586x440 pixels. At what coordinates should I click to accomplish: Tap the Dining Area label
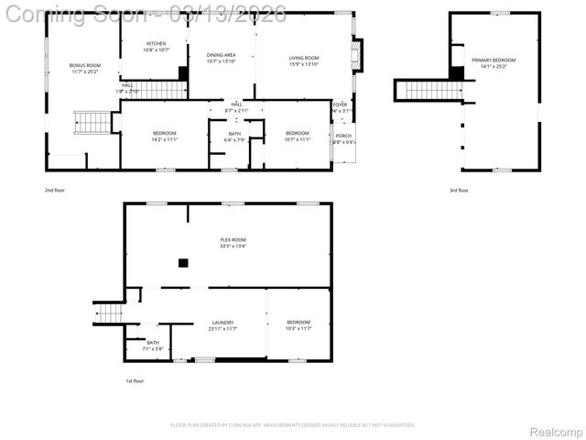point(221,59)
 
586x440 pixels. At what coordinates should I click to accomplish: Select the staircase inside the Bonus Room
point(92,121)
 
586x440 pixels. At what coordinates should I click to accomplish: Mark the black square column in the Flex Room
point(183,262)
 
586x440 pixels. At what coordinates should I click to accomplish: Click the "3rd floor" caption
point(458,190)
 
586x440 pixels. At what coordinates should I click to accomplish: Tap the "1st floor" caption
point(135,380)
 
